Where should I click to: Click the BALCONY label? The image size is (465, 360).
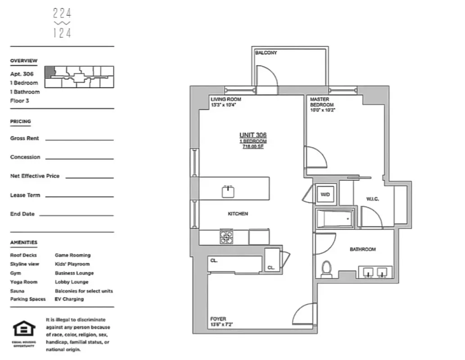point(266,53)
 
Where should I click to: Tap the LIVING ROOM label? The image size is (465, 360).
point(226,99)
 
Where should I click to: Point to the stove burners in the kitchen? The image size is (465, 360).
point(226,237)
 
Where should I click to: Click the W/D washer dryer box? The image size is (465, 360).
point(325,195)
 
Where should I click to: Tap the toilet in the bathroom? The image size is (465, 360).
point(326,269)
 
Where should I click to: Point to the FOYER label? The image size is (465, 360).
point(218,319)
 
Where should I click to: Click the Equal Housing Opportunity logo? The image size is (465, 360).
point(24,329)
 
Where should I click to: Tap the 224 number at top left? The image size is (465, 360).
point(62,14)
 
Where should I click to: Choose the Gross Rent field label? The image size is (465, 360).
point(25,139)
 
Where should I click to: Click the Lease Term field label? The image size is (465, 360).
point(25,195)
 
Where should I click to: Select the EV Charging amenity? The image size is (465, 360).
point(69,299)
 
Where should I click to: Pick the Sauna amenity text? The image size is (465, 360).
point(18,291)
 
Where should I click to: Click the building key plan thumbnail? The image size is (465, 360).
point(79,76)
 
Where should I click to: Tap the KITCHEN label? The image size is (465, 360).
point(238,214)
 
